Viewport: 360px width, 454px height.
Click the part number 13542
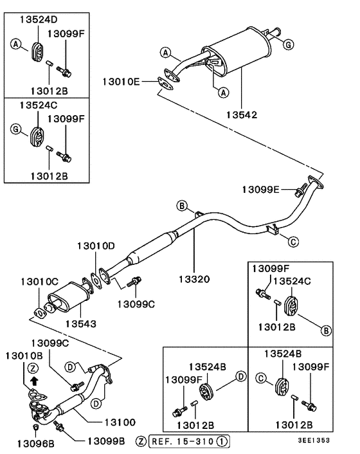pyautogui.click(x=241, y=116)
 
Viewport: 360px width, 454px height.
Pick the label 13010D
pyautogui.click(x=96, y=246)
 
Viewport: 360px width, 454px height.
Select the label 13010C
pyautogui.click(x=39, y=282)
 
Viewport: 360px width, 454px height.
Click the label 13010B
pyautogui.click(x=24, y=356)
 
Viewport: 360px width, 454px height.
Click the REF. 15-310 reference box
pyautogui.click(x=188, y=441)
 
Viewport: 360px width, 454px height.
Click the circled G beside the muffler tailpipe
pyautogui.click(x=289, y=44)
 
